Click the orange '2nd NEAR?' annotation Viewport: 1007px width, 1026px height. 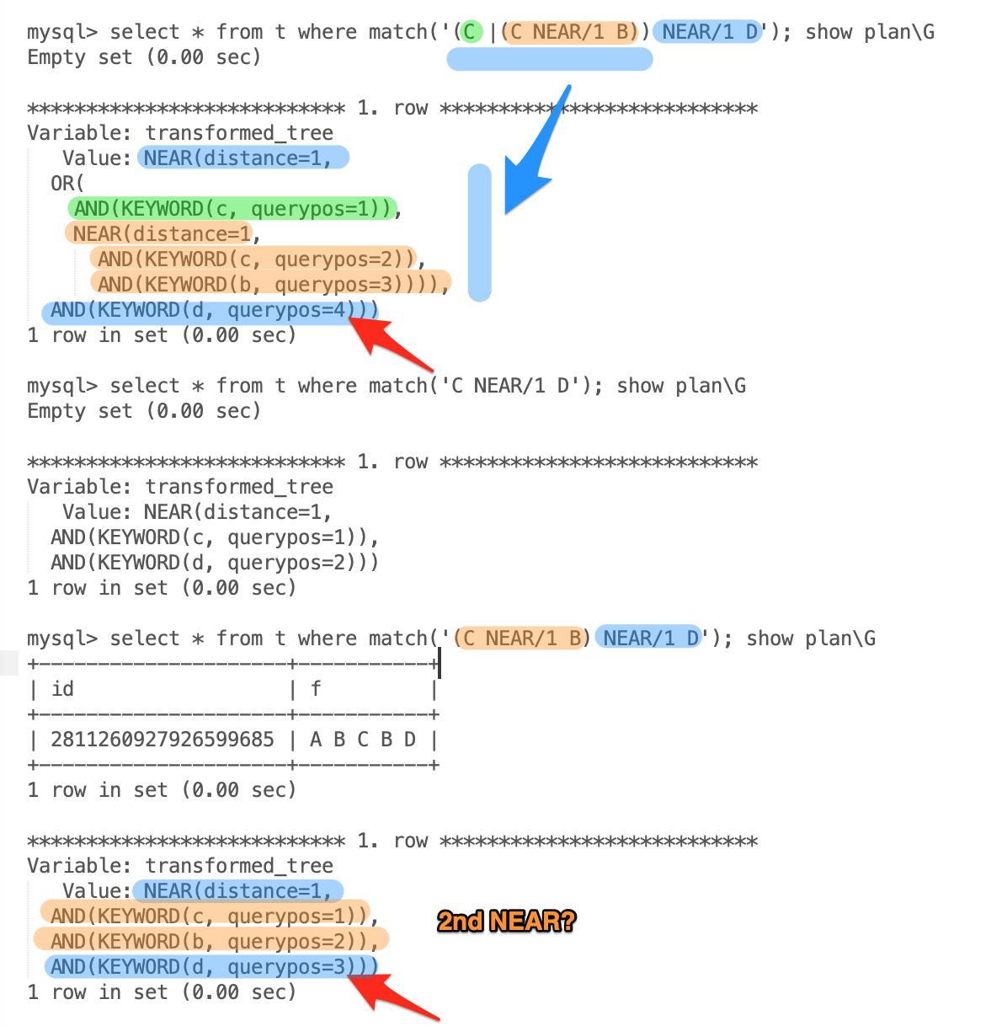pyautogui.click(x=506, y=921)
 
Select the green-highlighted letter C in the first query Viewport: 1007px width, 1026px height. pyautogui.click(x=471, y=32)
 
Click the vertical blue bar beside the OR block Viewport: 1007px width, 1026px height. pyautogui.click(x=479, y=232)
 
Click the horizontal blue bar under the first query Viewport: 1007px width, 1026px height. pyautogui.click(x=549, y=59)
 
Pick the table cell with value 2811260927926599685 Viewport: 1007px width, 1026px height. pyautogui.click(x=163, y=740)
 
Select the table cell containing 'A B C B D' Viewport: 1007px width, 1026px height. pyautogui.click(x=363, y=740)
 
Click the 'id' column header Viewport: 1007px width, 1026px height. pyautogui.click(x=63, y=689)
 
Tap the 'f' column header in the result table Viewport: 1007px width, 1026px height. pyautogui.click(x=316, y=689)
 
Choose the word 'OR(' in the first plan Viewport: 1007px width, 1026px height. pyautogui.click(x=67, y=183)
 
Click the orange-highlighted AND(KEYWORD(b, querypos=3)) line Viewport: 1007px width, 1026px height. pyautogui.click(x=269, y=284)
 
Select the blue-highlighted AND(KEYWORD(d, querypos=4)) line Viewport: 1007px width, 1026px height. pyautogui.click(x=210, y=310)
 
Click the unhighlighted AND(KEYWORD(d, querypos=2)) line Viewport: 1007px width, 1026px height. pyautogui.click(x=214, y=562)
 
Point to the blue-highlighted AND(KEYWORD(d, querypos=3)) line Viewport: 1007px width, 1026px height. pyautogui.click(x=210, y=966)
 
